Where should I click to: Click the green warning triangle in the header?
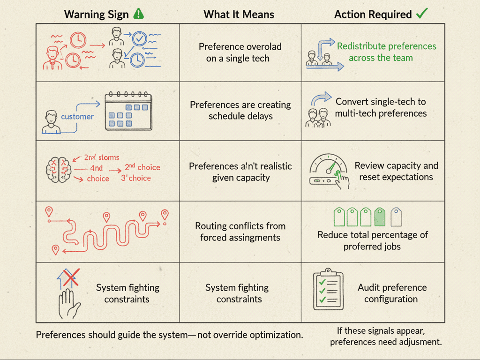pos(138,14)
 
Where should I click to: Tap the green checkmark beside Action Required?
pos(421,14)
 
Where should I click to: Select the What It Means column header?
pos(239,15)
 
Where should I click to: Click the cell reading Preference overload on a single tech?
pos(240,52)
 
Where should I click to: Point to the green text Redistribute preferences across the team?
pos(386,52)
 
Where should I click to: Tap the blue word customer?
pos(77,116)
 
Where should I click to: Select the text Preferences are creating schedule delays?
pos(240,110)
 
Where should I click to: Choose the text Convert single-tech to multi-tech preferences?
pos(381,107)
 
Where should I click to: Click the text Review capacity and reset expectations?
pos(396,171)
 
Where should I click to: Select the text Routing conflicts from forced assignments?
pos(240,232)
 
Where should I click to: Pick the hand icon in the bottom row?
pos(68,304)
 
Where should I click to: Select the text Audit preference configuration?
pos(392,293)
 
